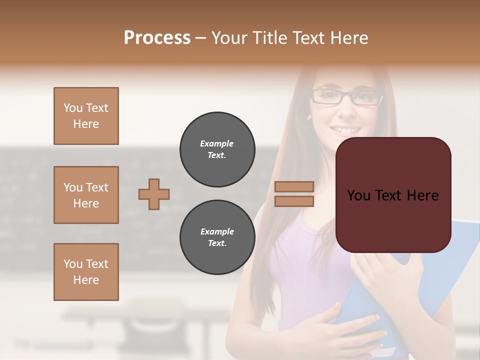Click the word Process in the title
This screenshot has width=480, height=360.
(x=157, y=38)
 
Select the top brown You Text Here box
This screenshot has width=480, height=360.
(x=86, y=116)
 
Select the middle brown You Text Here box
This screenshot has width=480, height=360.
(x=86, y=195)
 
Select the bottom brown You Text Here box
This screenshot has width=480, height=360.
(x=86, y=272)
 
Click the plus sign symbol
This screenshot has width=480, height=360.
(x=154, y=194)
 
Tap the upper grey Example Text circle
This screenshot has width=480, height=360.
(x=217, y=149)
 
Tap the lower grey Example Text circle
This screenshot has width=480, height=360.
(x=217, y=237)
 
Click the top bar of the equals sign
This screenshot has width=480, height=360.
(x=294, y=187)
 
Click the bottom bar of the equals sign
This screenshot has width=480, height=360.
(x=294, y=201)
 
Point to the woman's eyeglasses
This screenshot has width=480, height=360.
(x=346, y=96)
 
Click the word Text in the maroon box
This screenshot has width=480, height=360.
(x=392, y=195)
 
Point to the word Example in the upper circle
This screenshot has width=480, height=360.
(x=217, y=143)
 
